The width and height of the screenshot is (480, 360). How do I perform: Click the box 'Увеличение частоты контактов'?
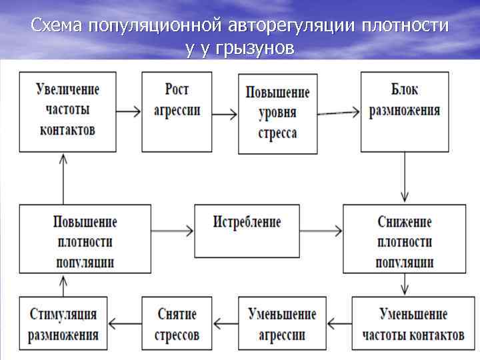[68, 110]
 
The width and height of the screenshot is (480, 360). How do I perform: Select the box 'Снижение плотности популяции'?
[404, 239]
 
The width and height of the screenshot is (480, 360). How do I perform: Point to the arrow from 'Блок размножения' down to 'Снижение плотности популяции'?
[405, 177]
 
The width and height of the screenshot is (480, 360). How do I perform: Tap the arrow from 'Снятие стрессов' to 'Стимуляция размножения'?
[125, 323]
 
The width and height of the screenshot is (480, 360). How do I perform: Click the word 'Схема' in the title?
[57, 27]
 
